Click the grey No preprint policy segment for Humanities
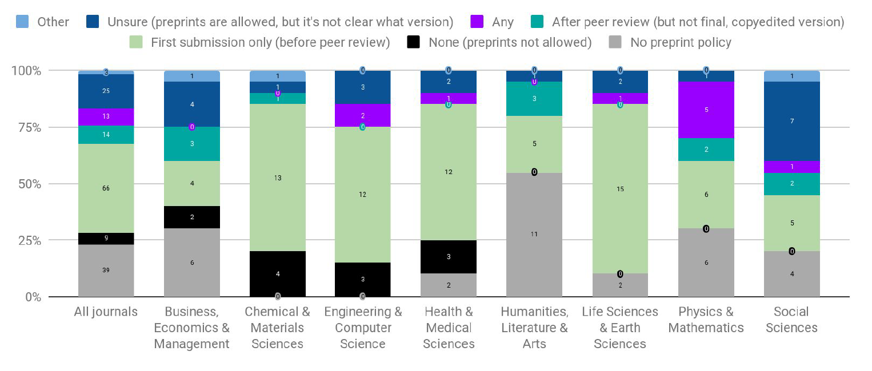point(534,235)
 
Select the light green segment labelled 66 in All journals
point(106,188)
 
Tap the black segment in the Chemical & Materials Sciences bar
point(278,274)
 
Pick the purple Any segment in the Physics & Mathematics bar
point(706,110)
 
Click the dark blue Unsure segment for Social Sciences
point(791,121)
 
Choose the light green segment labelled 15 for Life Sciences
point(620,189)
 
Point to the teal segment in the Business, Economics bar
point(192,144)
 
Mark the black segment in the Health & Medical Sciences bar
point(449,257)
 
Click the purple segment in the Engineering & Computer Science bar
point(363,116)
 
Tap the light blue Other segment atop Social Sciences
point(791,76)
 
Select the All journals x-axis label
point(106,312)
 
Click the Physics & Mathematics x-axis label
point(706,320)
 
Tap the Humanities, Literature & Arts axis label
point(534,328)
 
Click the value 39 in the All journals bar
point(106,270)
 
